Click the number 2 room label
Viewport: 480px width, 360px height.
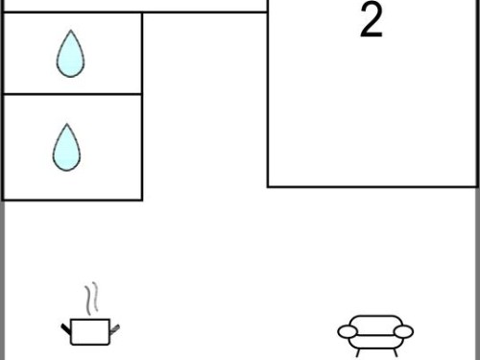point(372,20)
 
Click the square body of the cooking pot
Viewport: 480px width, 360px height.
point(90,332)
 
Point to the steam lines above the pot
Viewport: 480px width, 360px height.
point(91,298)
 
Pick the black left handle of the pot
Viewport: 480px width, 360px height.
point(65,328)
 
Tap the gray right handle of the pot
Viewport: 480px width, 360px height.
point(114,329)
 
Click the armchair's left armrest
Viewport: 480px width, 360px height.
point(348,331)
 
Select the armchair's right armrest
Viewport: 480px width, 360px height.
point(403,331)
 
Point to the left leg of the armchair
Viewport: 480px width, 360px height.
point(359,352)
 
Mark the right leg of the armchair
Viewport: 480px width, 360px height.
point(396,352)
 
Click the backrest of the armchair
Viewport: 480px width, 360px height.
point(375,322)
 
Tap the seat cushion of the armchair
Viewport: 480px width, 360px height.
point(375,342)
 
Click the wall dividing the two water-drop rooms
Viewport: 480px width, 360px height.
point(72,94)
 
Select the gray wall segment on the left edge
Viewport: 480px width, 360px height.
point(2,280)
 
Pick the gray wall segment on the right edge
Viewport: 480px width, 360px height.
point(478,274)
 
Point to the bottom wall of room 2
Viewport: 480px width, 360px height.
point(372,186)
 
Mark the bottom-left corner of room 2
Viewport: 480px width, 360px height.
point(268,186)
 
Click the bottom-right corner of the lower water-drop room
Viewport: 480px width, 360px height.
point(141,200)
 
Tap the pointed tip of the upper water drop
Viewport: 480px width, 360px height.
point(71,30)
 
